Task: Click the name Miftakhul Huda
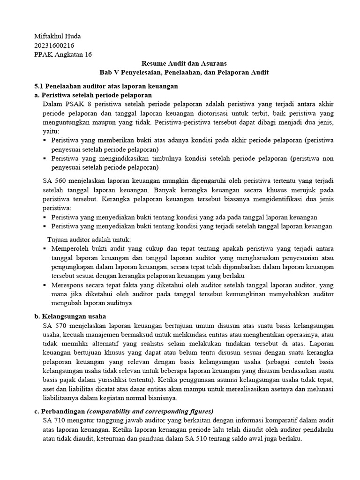pyautogui.click(x=58, y=37)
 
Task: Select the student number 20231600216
pyautogui.click(x=54, y=45)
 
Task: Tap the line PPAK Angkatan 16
pyautogui.click(x=63, y=54)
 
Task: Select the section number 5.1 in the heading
pyautogui.click(x=40, y=86)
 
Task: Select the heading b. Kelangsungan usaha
pyautogui.click(x=70, y=316)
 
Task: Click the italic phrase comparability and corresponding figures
pyautogui.click(x=150, y=412)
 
